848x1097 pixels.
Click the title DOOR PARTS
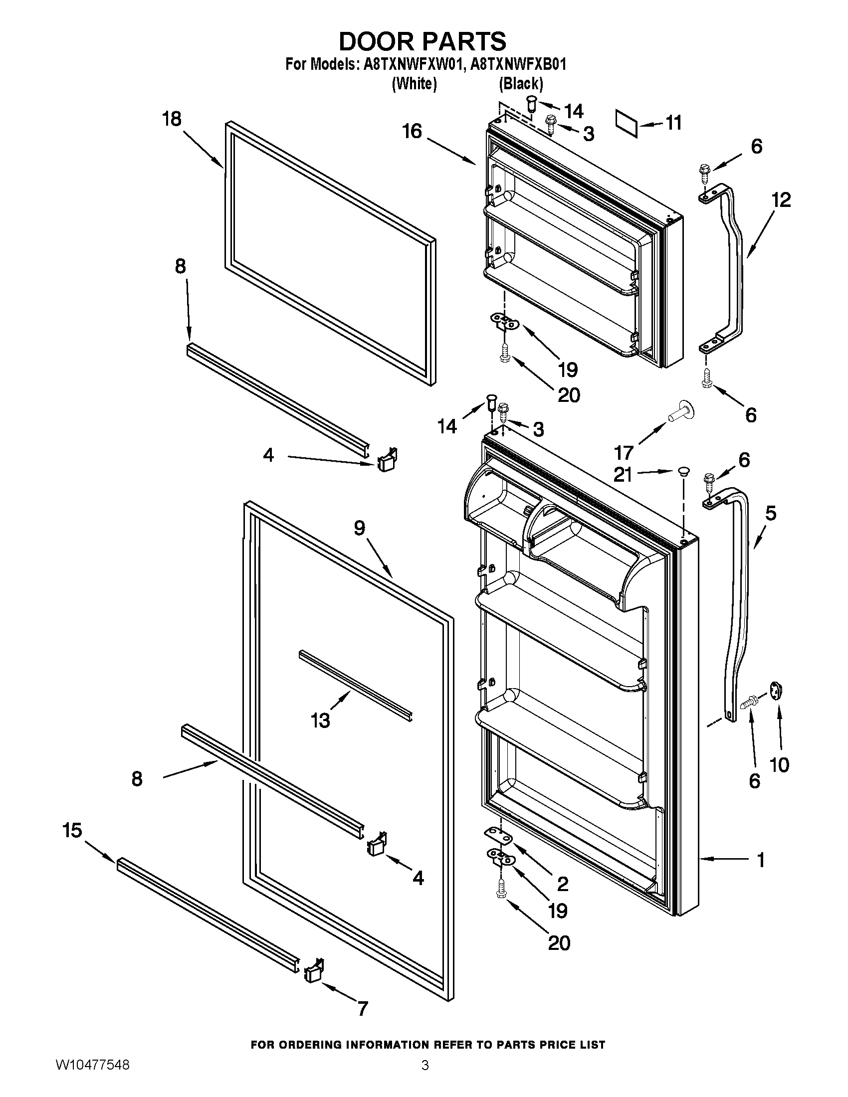[423, 41]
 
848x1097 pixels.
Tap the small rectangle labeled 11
[627, 123]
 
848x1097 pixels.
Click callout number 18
[172, 120]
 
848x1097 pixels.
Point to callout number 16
[412, 132]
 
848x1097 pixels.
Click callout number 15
[72, 830]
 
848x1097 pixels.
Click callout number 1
[761, 860]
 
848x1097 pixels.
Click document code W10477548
[92, 1078]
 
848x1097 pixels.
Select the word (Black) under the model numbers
[521, 83]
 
